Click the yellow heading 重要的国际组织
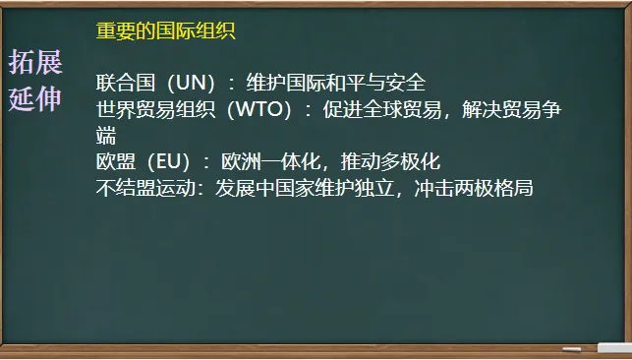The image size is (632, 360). click(165, 30)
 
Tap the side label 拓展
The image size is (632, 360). click(35, 64)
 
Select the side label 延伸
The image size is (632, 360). click(35, 98)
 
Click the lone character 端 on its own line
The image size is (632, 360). click(107, 136)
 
